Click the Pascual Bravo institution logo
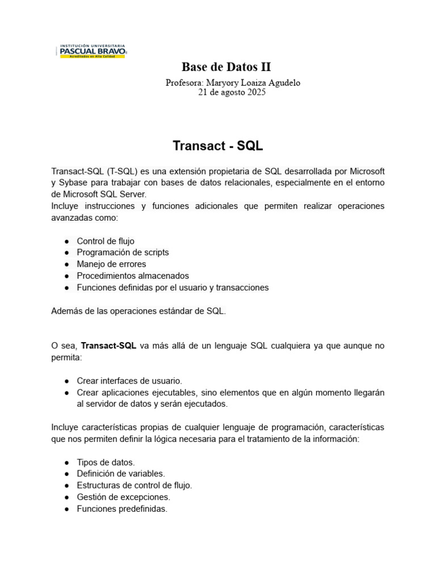[93, 51]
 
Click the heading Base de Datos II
[226, 67]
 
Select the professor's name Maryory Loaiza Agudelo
[254, 82]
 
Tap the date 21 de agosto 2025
[231, 92]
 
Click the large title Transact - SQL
[218, 146]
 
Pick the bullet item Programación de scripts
[123, 252]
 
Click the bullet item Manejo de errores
[111, 264]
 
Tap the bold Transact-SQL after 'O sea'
[108, 346]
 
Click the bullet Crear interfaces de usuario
[129, 381]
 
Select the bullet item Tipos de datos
[106, 462]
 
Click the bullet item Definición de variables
[121, 473]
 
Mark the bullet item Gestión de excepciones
[123, 497]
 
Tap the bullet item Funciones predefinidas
[122, 509]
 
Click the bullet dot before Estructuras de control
[66, 486]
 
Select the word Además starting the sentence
[67, 311]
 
